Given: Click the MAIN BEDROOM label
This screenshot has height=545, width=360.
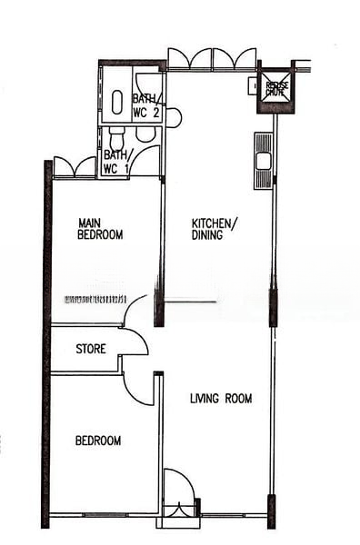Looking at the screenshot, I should coord(100,228).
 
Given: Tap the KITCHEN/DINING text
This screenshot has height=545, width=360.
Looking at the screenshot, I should coord(215,228).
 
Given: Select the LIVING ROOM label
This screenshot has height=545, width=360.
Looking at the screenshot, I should coord(221,398).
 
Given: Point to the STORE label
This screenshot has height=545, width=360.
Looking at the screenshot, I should coord(90,349).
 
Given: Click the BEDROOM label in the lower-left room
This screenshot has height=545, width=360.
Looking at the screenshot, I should coord(97,441).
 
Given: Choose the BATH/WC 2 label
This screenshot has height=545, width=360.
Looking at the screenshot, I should coord(146,105).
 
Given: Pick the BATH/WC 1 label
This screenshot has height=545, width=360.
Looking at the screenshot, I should coord(116,162).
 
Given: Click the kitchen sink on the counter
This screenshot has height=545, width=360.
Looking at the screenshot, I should coord(263,162).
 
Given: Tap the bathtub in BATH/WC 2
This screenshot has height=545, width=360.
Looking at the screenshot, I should coord(117,102).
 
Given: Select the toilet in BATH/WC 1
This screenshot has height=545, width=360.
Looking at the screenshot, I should coord(115,139).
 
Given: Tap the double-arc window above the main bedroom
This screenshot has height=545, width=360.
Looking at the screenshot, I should coord(75,167).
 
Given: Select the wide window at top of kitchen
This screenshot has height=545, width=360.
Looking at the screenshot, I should coord(212,59).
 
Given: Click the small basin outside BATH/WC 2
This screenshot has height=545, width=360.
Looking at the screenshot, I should coord(173,117).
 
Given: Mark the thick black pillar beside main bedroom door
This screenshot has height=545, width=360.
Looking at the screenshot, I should coord(159,307).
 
